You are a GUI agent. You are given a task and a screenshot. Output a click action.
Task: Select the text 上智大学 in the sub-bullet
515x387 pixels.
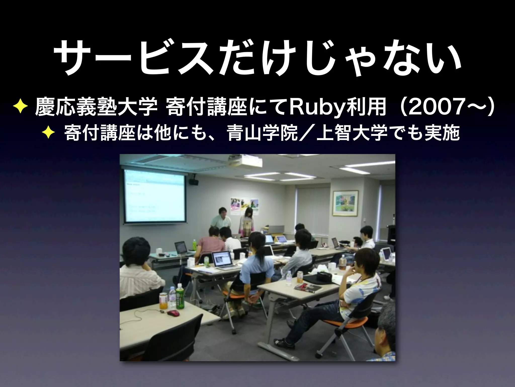352,134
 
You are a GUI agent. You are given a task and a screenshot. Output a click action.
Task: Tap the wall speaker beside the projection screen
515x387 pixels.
194,182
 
